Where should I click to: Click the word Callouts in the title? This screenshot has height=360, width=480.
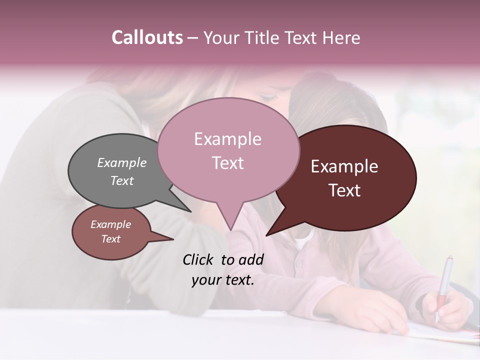tap(147, 37)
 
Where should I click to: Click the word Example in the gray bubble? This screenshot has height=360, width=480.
tap(122, 162)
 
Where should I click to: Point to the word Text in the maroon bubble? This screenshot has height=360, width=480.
tap(344, 190)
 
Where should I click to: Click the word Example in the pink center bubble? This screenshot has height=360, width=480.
tap(228, 139)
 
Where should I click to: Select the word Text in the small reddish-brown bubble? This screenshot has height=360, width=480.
tap(111, 239)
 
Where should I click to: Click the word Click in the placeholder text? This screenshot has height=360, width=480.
tap(199, 259)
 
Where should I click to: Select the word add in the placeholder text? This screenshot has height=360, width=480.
tap(251, 259)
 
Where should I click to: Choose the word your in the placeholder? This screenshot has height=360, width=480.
tap(206, 280)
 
